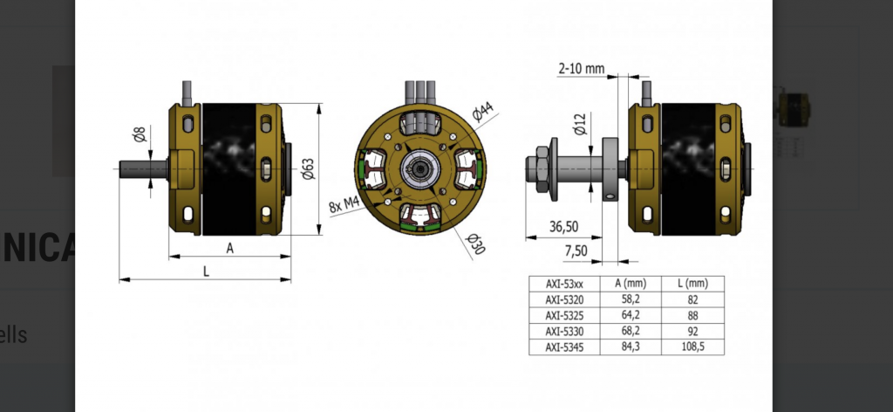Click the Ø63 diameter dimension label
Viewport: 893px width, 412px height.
click(x=305, y=168)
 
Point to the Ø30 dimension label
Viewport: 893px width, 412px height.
click(x=475, y=244)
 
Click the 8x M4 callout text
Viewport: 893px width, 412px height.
click(x=345, y=204)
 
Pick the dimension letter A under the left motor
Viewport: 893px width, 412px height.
click(x=230, y=248)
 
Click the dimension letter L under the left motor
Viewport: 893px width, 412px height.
click(x=206, y=271)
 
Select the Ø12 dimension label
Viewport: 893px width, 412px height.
click(x=580, y=125)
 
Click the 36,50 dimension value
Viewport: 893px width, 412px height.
click(x=562, y=227)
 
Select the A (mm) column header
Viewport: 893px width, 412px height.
click(x=631, y=284)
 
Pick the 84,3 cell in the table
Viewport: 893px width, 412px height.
click(x=631, y=347)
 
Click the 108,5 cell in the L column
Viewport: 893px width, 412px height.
click(x=692, y=347)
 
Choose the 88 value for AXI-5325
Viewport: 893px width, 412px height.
click(x=692, y=315)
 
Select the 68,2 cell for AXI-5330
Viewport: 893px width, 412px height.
click(x=631, y=332)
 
